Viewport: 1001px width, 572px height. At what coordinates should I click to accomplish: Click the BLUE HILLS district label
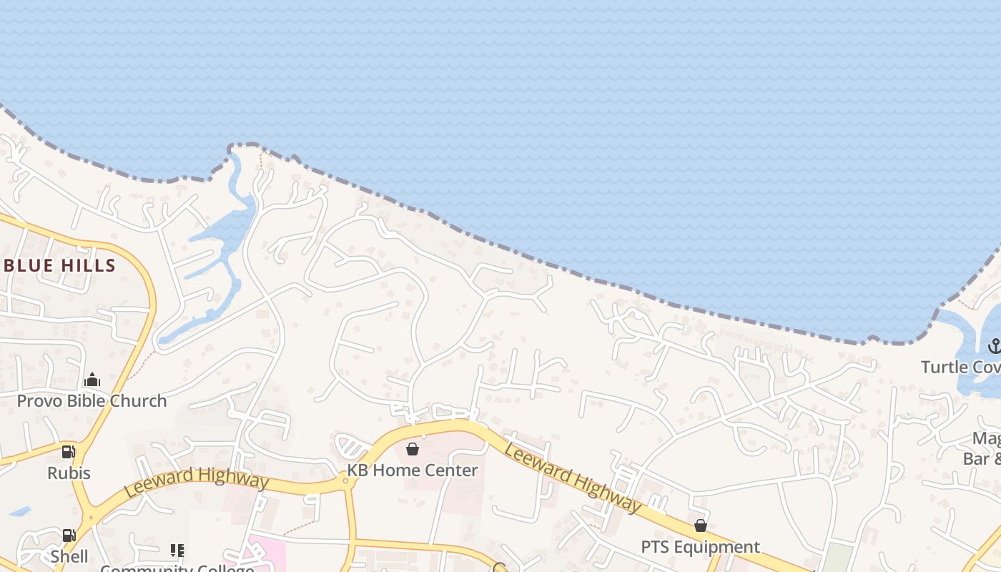(x=59, y=266)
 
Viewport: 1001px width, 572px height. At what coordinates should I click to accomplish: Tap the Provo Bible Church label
(x=92, y=400)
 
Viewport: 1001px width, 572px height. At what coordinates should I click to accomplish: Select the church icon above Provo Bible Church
(x=92, y=380)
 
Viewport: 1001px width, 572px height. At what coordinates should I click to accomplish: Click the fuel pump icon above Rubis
(x=69, y=452)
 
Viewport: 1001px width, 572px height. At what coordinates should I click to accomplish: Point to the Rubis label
(x=69, y=473)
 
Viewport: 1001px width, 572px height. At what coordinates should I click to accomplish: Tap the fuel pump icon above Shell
(x=69, y=535)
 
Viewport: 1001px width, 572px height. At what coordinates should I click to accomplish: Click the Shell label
(x=69, y=556)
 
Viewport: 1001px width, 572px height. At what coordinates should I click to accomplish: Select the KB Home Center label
(x=413, y=470)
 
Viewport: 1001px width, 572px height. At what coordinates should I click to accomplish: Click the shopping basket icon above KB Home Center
(x=413, y=449)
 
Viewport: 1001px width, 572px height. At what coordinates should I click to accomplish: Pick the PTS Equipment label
(x=700, y=547)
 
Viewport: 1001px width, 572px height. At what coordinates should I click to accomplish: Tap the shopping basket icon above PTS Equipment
(x=701, y=526)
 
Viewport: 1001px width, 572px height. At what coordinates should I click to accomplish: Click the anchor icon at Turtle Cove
(x=994, y=347)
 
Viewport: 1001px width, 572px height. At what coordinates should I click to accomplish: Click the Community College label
(x=177, y=568)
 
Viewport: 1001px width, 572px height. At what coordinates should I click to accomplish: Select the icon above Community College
(x=177, y=551)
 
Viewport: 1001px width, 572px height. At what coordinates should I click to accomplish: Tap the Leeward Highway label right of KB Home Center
(x=573, y=477)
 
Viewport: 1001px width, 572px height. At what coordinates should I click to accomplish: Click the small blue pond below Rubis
(x=20, y=512)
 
